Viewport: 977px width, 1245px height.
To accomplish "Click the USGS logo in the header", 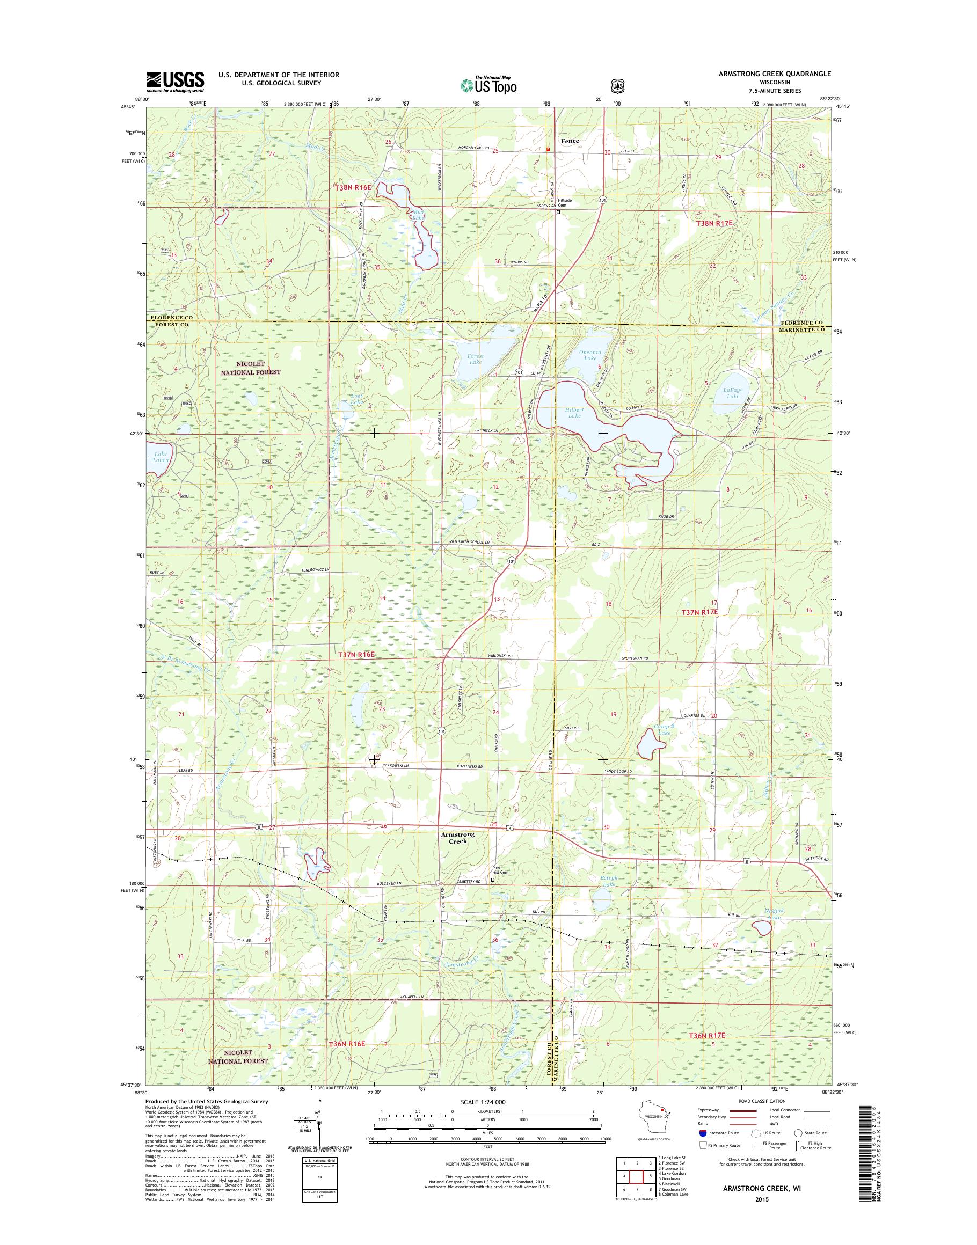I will [175, 82].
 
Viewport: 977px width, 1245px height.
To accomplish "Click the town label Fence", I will [570, 141].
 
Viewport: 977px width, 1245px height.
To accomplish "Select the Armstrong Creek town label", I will [457, 838].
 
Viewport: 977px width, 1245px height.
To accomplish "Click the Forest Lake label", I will [475, 359].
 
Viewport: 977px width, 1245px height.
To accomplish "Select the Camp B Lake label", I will [664, 729].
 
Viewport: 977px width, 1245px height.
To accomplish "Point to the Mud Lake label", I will [419, 215].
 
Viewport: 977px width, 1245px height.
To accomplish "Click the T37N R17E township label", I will [699, 612].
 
